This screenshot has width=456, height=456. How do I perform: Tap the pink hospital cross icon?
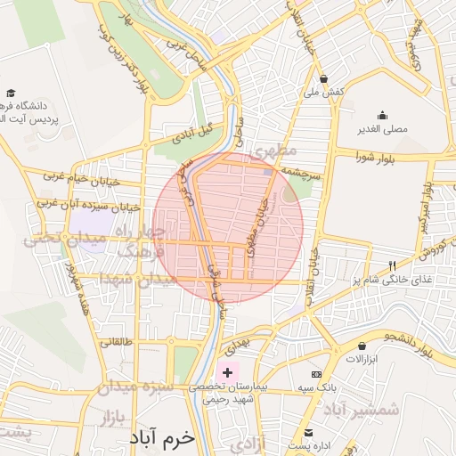[x=227, y=371]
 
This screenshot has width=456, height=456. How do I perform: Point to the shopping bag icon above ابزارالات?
[x=362, y=346]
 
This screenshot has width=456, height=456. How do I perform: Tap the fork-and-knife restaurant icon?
[x=392, y=265]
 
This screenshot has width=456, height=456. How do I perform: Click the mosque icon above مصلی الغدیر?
[x=383, y=115]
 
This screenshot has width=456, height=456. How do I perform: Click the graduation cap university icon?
[x=11, y=93]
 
